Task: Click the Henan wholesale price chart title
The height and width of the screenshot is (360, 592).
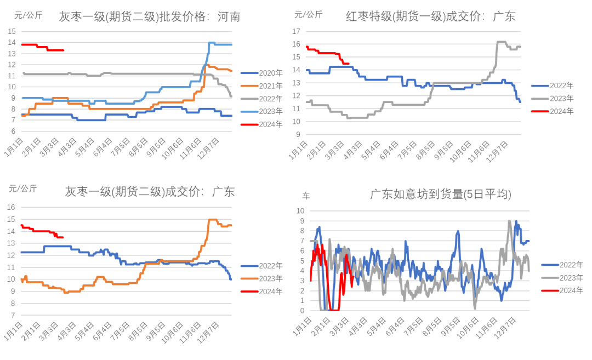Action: [x=149, y=17]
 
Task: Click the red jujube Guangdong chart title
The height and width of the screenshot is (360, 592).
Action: [x=430, y=17]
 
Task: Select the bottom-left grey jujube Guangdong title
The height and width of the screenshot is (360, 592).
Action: [x=149, y=192]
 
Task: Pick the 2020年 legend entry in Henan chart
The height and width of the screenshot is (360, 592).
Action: [x=263, y=73]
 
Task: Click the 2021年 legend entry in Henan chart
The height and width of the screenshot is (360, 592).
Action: [x=263, y=85]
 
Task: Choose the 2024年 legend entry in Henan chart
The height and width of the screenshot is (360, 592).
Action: [x=263, y=124]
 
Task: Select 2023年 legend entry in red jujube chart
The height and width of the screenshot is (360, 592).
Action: [x=553, y=98]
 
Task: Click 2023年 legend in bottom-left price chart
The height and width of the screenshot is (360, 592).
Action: [x=263, y=278]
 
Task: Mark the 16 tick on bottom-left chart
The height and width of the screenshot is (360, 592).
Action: [x=11, y=207]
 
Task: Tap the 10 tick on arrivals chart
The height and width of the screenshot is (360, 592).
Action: [x=301, y=210]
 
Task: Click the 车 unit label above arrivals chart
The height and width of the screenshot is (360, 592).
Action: [x=306, y=195]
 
